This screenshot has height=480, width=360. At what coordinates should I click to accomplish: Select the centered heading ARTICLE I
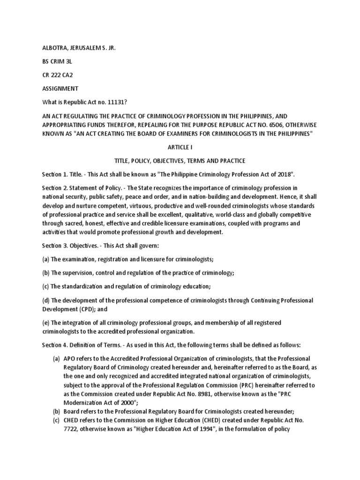pyautogui.click(x=180, y=147)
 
